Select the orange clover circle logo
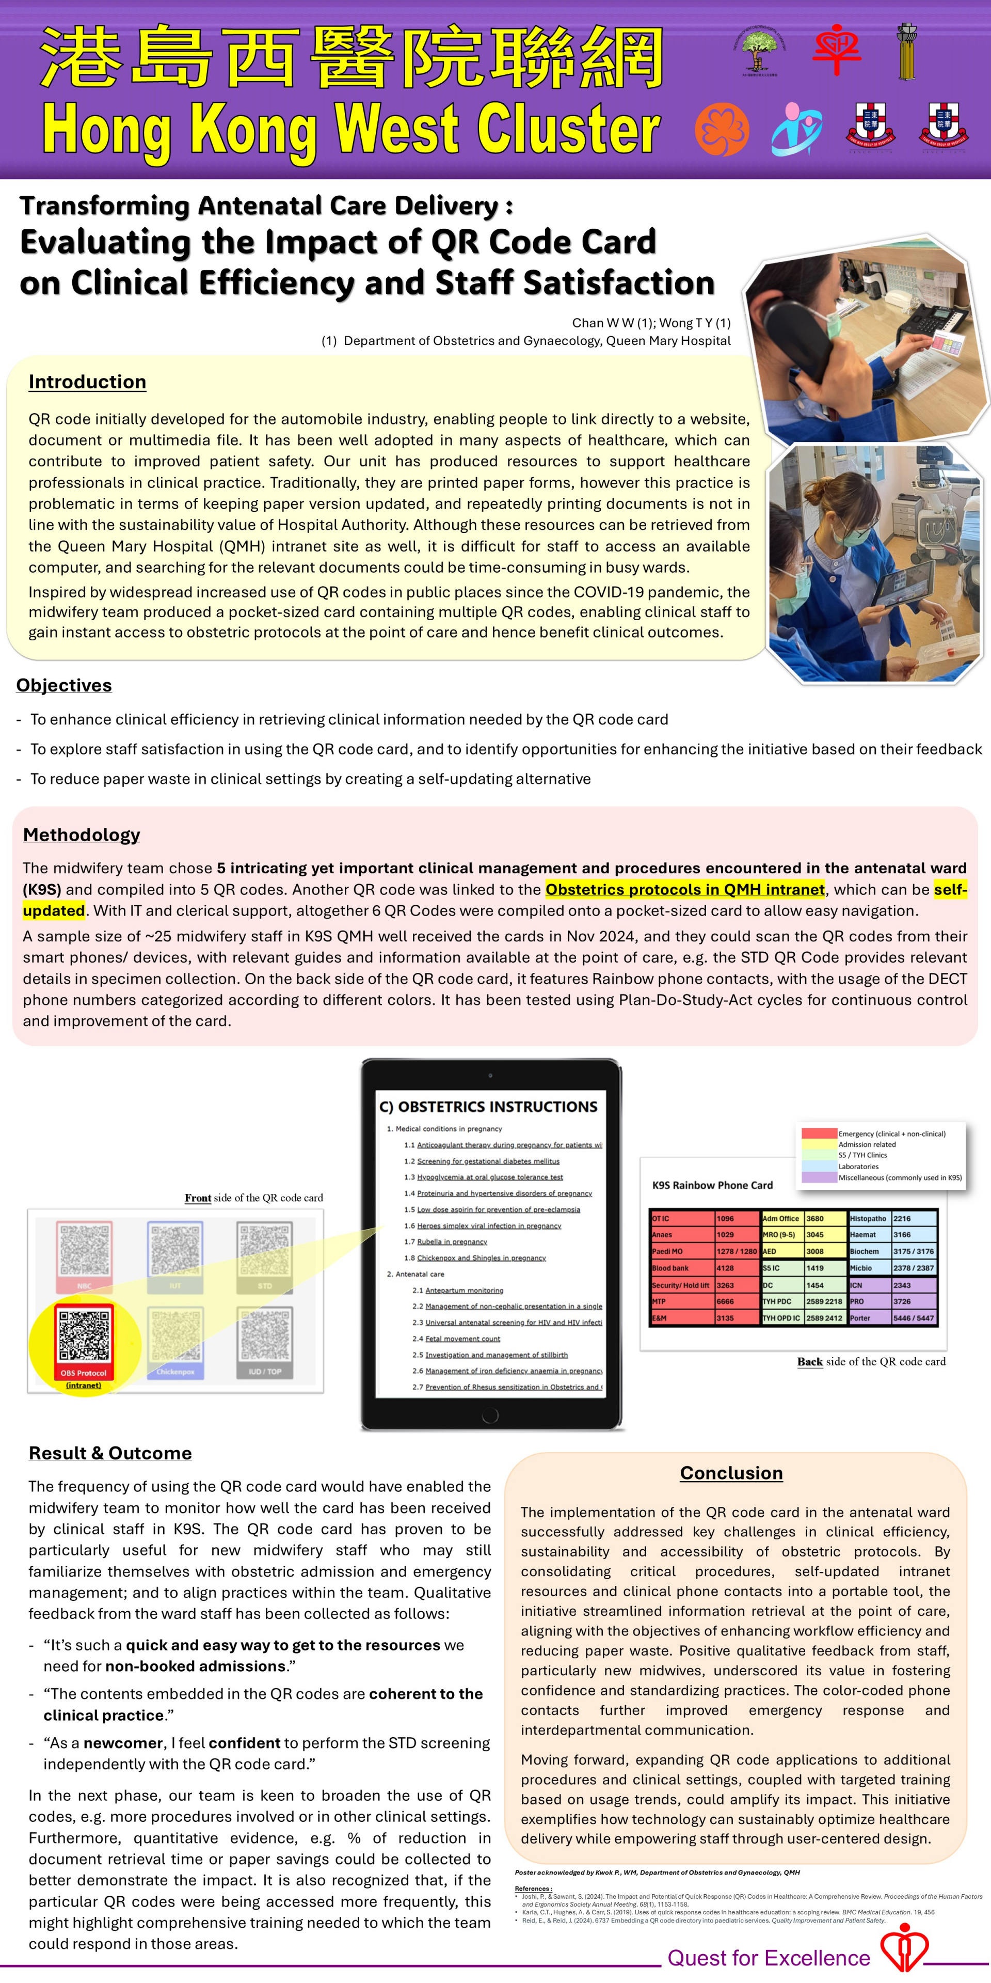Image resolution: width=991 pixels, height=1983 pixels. click(x=721, y=129)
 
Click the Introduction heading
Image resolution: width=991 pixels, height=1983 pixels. click(x=87, y=382)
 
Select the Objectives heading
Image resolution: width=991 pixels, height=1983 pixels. click(x=64, y=685)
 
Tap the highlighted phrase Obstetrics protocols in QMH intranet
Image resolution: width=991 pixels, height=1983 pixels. click(x=685, y=889)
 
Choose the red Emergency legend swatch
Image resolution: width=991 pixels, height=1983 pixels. click(x=819, y=1133)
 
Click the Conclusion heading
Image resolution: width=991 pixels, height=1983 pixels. click(x=731, y=1473)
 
